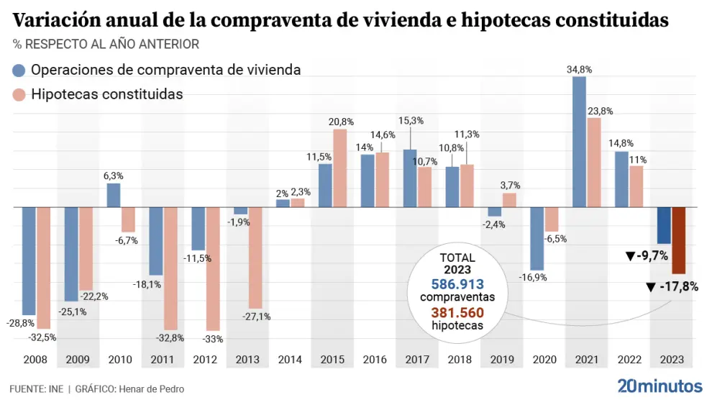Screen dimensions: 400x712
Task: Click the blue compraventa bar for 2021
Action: pyautogui.click(x=579, y=142)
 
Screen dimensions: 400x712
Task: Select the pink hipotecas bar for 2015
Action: pyautogui.click(x=339, y=168)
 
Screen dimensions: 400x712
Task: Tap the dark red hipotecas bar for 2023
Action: pyautogui.click(x=678, y=240)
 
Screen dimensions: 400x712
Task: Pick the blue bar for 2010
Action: pyautogui.click(x=114, y=195)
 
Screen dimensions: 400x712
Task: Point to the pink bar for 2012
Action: pyautogui.click(x=212, y=268)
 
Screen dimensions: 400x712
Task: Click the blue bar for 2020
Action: pyautogui.click(x=537, y=238)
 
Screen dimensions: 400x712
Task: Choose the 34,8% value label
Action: pyautogui.click(x=579, y=70)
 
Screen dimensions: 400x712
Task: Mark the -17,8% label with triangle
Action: pyautogui.click(x=672, y=286)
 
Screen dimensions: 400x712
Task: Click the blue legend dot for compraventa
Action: pyautogui.click(x=19, y=71)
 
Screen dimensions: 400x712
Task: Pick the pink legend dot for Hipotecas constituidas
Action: pyautogui.click(x=19, y=95)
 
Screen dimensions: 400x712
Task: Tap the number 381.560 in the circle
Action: pyautogui.click(x=457, y=313)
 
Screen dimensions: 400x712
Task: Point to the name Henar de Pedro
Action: pyautogui.click(x=152, y=389)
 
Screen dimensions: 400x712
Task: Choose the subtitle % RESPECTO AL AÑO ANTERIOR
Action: pyautogui.click(x=106, y=45)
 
